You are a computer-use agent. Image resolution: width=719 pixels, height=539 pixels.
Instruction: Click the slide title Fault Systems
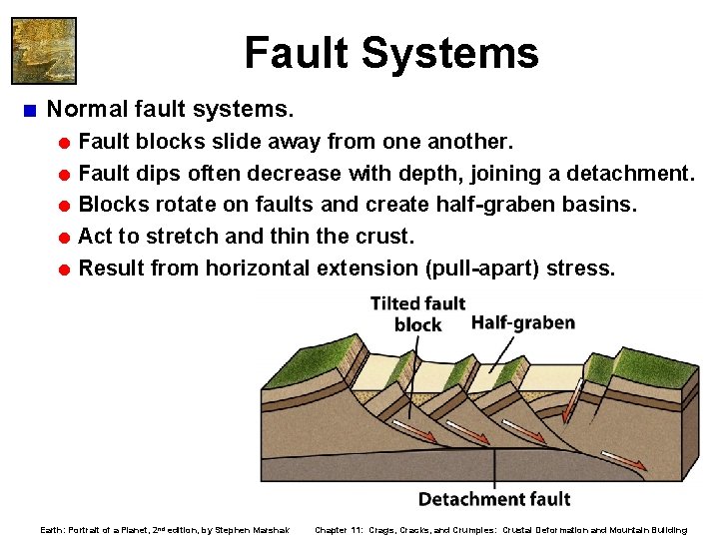390,53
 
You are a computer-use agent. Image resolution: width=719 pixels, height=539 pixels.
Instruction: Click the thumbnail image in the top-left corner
43,49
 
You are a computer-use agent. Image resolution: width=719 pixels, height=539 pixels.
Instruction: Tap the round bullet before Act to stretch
64,238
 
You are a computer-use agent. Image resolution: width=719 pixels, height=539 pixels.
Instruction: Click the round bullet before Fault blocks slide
64,142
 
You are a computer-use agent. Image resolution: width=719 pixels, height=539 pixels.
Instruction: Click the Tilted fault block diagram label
417,313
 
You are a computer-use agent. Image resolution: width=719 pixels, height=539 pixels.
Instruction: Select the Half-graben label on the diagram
522,322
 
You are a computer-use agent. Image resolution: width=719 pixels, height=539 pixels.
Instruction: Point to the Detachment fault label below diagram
493,498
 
